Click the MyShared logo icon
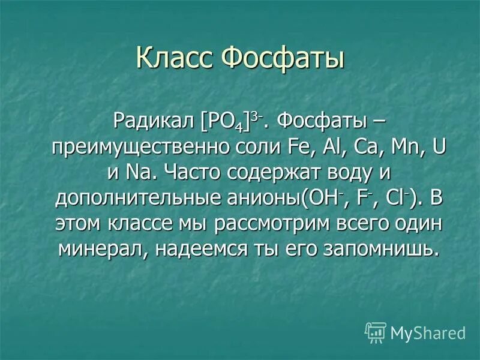(376, 332)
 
